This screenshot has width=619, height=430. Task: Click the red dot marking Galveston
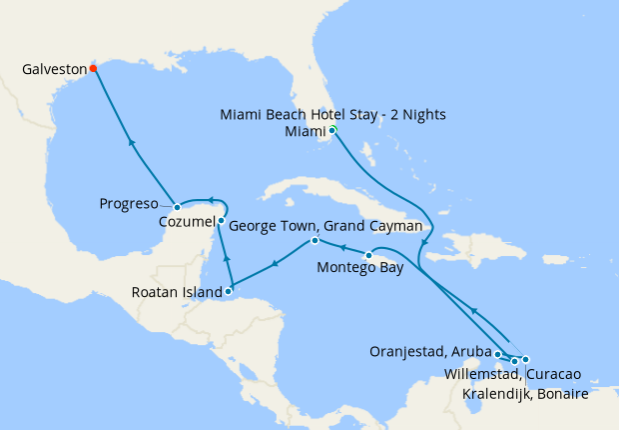tap(93, 69)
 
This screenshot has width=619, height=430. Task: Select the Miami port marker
tap(332, 131)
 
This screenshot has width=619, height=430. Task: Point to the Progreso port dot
tap(177, 207)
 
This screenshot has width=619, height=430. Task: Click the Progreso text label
tap(129, 204)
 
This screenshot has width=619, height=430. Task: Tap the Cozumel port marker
tap(221, 221)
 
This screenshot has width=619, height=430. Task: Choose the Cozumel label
tap(187, 222)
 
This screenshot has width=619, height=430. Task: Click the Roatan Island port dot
tap(229, 292)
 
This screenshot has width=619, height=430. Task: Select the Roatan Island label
tap(175, 293)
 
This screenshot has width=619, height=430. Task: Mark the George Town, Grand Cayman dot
tap(314, 241)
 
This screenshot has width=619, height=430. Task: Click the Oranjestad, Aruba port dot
tap(498, 354)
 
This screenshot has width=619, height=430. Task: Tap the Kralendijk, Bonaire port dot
tap(525, 360)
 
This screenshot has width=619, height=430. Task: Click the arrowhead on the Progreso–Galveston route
tap(132, 142)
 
